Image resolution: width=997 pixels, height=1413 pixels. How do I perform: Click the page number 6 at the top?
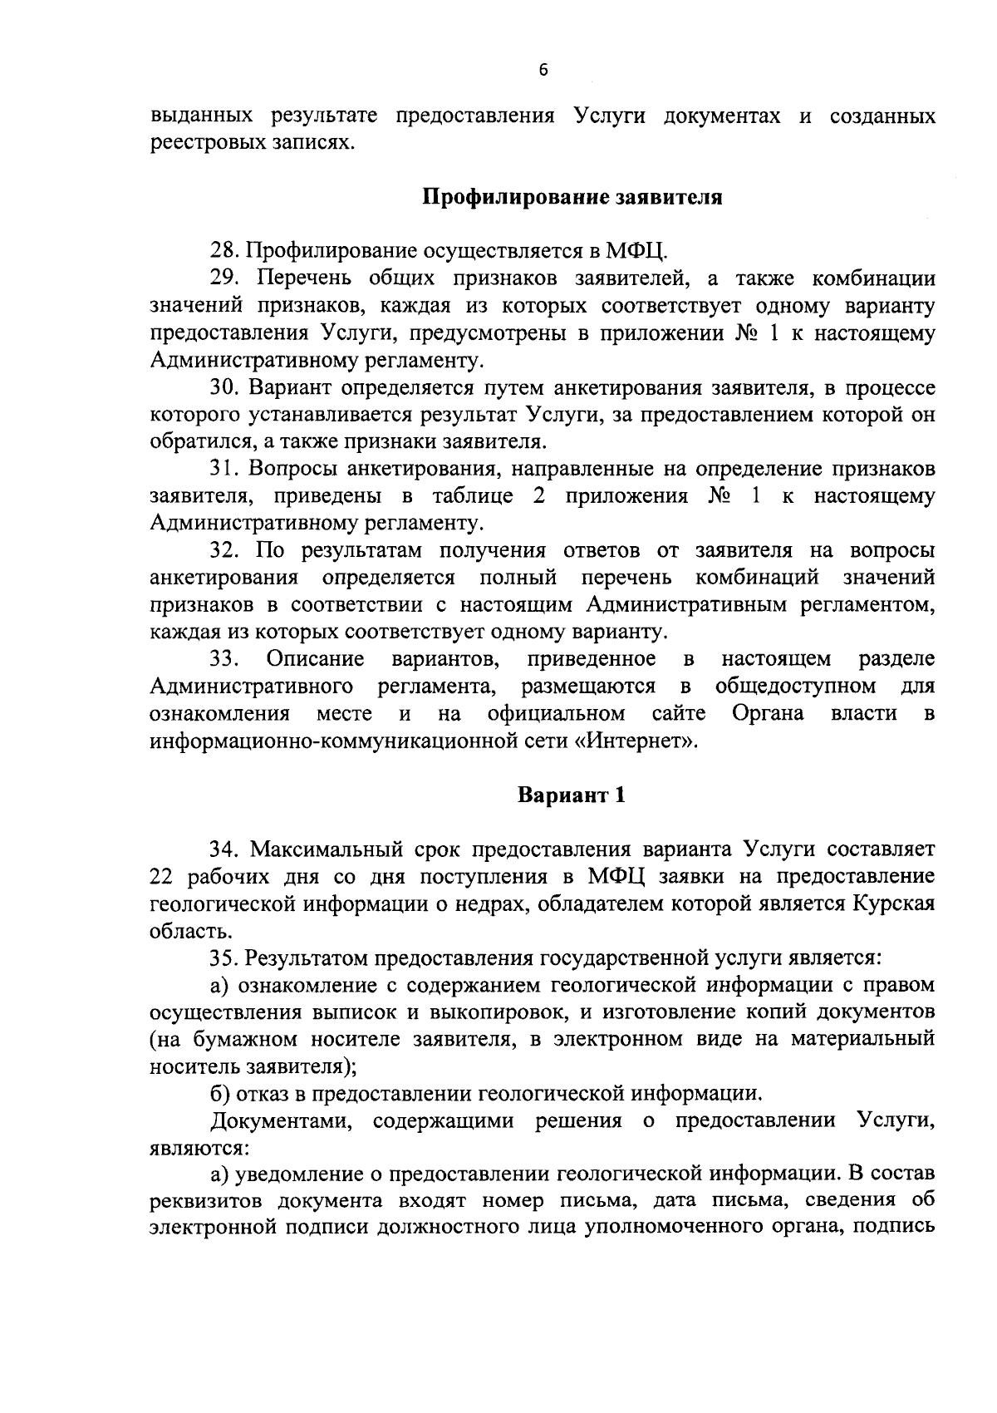(x=543, y=71)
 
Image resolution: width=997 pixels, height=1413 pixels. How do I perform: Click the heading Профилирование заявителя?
(x=573, y=198)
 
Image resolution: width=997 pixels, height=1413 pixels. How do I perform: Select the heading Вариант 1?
(x=572, y=795)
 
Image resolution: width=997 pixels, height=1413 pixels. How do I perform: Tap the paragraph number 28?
(x=224, y=251)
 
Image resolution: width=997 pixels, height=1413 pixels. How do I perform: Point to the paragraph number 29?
(x=224, y=278)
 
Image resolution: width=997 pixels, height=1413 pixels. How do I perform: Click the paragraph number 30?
(x=224, y=387)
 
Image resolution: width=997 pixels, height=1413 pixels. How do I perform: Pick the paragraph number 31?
(x=223, y=469)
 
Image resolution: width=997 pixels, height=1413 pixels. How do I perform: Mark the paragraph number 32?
(x=224, y=550)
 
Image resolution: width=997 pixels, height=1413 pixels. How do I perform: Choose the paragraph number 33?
(x=224, y=659)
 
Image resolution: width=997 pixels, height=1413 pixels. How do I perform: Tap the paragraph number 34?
(x=224, y=849)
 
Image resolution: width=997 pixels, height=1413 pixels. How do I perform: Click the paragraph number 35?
(x=224, y=958)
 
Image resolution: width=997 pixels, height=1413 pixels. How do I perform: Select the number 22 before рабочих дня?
(x=163, y=877)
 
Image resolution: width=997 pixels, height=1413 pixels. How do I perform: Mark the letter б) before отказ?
(x=219, y=1094)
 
